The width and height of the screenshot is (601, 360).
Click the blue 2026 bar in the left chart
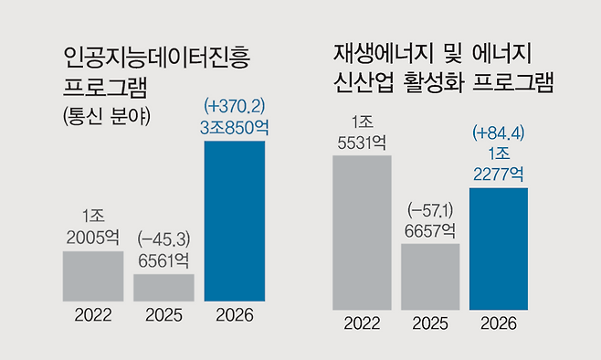tap(235, 221)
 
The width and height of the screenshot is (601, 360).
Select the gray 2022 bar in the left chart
tap(93, 276)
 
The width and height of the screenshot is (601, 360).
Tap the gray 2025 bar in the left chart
tap(163, 287)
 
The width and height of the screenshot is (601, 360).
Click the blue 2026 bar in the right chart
tap(498, 248)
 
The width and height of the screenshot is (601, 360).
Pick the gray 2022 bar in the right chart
tap(362, 232)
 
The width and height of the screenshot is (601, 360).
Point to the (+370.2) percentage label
tap(235, 105)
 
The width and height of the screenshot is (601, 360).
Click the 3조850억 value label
tap(235, 126)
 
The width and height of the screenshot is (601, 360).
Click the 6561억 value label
tap(164, 259)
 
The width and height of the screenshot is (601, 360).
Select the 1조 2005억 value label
tap(93, 228)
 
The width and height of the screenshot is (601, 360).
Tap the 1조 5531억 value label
tap(363, 132)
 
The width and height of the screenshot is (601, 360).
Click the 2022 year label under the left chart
tap(93, 316)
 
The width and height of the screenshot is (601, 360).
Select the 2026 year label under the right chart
tap(498, 323)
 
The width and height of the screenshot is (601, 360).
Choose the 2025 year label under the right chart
tap(429, 323)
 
